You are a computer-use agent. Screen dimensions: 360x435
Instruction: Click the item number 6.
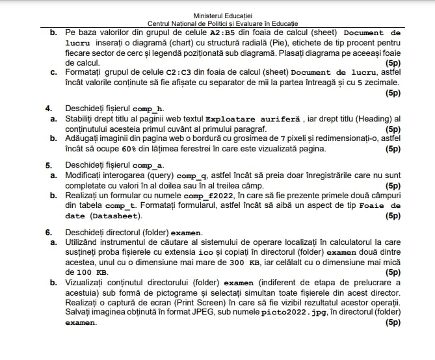click(48, 233)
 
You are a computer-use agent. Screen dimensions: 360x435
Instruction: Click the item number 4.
click(48, 108)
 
